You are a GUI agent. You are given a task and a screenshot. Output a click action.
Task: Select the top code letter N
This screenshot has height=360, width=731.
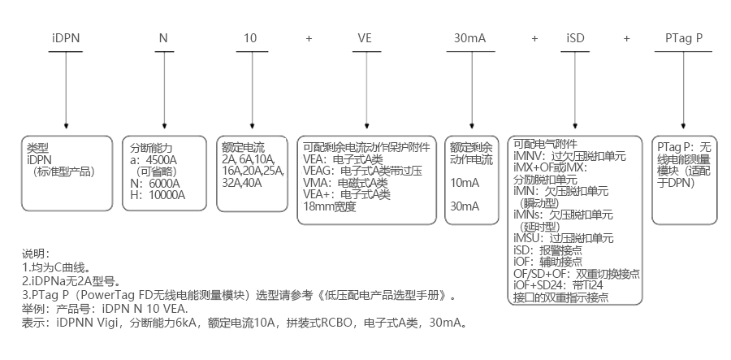163,38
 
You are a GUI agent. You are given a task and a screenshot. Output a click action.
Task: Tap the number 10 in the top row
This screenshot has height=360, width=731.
250,38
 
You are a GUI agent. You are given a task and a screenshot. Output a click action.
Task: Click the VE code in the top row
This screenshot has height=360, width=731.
367,38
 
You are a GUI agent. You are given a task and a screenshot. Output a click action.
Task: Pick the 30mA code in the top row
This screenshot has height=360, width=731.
470,38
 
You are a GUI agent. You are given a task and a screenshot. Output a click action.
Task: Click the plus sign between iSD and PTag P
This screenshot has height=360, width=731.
627,38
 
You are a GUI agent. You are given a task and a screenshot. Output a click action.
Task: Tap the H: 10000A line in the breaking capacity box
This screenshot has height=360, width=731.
158,195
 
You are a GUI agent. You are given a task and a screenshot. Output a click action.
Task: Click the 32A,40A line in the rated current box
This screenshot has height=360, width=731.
243,183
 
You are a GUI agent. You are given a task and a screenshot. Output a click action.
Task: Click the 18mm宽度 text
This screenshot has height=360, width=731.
329,206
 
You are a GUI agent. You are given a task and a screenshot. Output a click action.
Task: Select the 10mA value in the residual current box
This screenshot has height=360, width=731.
463,183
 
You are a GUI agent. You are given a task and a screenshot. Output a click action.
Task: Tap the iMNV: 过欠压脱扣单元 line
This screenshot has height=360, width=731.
569,155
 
